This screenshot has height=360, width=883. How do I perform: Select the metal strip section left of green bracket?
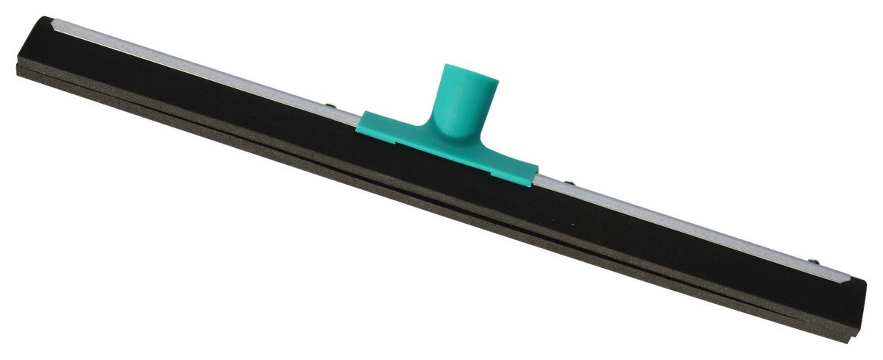pyautogui.click(x=221, y=71)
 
